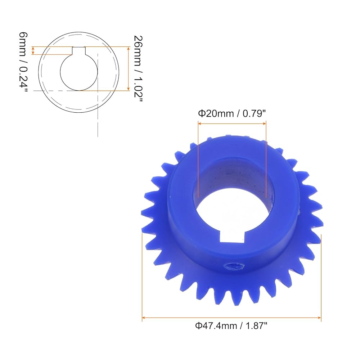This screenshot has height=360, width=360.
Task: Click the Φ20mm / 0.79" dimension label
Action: [x=231, y=113]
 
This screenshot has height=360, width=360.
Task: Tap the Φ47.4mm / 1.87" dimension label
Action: [x=231, y=325]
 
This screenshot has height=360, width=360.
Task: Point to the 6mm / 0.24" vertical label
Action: [x=23, y=62]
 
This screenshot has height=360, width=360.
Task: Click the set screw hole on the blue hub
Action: [x=234, y=267]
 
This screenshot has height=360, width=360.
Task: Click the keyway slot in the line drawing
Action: [x=79, y=51]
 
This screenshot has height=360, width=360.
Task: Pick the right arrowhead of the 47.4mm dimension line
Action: [x=319, y=318]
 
